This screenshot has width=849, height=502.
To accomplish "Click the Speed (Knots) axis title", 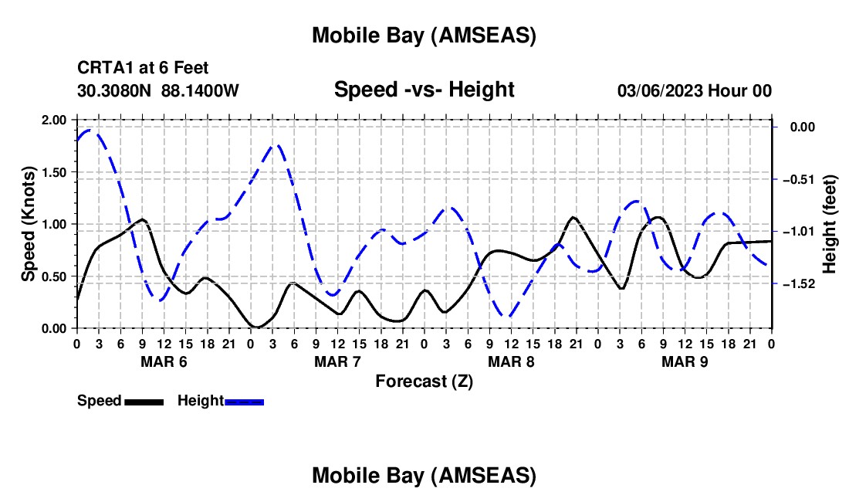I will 28,224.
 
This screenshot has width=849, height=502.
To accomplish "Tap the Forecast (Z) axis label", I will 424,381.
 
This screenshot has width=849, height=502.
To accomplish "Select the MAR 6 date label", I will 164,361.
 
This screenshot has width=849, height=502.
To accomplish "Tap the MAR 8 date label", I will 511,361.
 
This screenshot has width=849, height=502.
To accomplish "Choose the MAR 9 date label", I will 685,361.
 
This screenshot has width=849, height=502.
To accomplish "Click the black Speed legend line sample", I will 143,401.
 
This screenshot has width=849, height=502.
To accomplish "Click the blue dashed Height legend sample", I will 244,401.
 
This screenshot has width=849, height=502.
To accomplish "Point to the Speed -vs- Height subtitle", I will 424,90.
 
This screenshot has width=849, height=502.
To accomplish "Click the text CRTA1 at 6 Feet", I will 143,69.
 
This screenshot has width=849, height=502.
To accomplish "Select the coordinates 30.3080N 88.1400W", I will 158,90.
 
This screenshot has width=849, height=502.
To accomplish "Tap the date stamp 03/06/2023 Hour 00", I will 695,90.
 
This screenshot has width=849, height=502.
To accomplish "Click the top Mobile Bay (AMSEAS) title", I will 424,36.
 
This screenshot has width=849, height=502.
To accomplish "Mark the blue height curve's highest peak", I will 91,130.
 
